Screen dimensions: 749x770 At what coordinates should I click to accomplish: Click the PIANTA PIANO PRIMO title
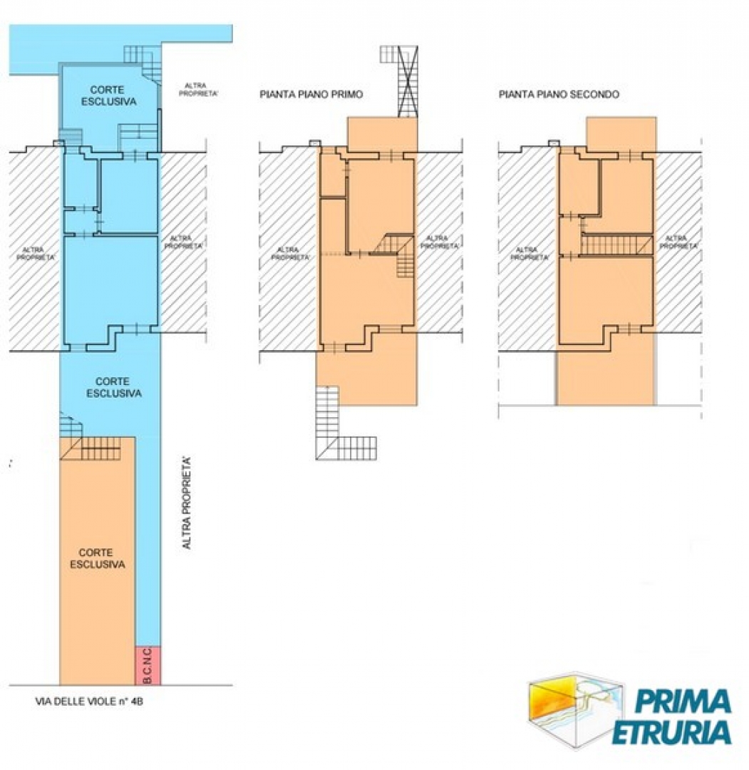tap(311, 94)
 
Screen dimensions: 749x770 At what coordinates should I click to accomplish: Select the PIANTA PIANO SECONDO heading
tap(559, 94)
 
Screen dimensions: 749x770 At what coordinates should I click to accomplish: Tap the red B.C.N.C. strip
tap(148, 665)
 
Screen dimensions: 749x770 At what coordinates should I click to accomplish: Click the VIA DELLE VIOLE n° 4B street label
tap(89, 702)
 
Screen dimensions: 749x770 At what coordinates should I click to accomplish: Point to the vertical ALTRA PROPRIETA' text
tap(186, 503)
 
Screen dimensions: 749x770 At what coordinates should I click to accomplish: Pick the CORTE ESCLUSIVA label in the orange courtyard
tap(97, 558)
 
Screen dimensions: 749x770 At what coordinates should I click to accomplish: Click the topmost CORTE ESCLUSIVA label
tap(108, 96)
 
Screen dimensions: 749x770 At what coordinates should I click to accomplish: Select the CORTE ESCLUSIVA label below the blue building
tap(114, 387)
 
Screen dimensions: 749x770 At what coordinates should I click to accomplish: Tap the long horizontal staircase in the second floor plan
tap(617, 245)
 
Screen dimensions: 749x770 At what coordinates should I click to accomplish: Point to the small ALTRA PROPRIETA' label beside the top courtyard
tap(198, 89)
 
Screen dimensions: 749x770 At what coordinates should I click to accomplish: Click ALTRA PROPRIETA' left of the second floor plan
tap(530, 253)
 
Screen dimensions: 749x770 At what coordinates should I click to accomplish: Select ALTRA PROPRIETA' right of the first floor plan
tap(439, 242)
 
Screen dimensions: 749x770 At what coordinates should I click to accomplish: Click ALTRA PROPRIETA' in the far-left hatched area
tap(36, 253)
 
